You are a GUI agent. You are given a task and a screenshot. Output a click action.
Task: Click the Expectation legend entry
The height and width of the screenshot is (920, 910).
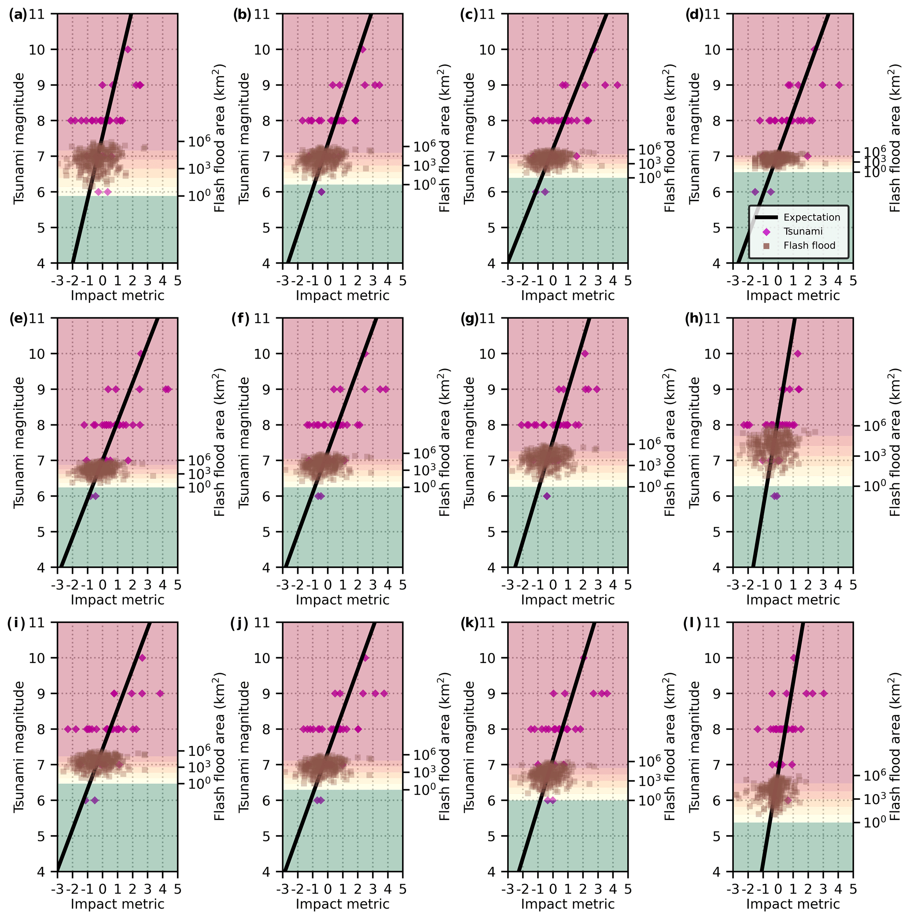(x=811, y=217)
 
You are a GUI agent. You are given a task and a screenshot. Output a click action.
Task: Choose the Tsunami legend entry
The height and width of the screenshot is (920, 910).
(x=803, y=232)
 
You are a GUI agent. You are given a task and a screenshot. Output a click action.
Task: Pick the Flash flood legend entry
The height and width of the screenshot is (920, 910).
(x=809, y=245)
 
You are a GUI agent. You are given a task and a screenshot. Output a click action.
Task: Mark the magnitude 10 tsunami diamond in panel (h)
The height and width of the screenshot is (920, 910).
(x=798, y=353)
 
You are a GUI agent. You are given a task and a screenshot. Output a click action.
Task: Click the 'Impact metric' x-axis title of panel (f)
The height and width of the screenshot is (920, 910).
(x=343, y=600)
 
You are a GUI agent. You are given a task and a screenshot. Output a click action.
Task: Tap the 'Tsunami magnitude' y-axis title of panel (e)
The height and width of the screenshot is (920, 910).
(x=19, y=442)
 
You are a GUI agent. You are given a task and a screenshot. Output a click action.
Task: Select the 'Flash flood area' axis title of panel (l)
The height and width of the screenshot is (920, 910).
(x=895, y=747)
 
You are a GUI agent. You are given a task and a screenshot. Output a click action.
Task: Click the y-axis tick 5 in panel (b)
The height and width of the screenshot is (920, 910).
(x=270, y=228)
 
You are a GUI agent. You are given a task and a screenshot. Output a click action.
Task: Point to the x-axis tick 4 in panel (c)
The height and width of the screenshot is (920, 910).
(x=613, y=281)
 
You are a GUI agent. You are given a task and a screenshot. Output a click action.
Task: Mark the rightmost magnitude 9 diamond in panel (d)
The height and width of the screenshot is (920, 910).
(x=839, y=85)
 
